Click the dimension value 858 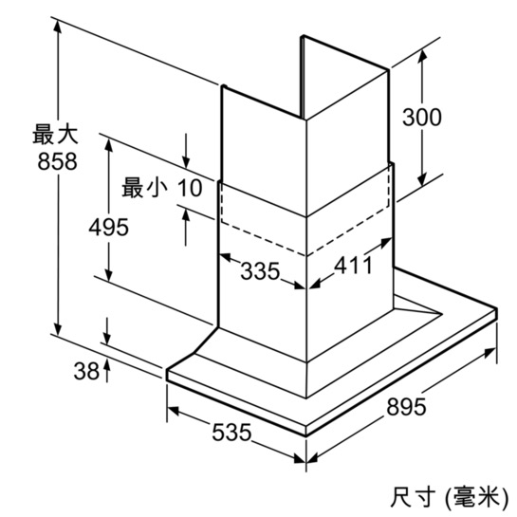click(x=57, y=161)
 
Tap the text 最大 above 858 click(x=55, y=134)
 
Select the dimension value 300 click(x=422, y=117)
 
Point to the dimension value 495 click(x=108, y=227)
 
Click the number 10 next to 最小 click(x=190, y=188)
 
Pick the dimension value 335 click(x=260, y=271)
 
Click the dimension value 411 click(x=354, y=265)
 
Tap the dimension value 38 click(x=86, y=371)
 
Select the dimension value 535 click(x=231, y=433)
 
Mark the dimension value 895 click(x=406, y=407)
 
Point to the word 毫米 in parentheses click(x=476, y=497)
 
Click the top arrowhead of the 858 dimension click(x=58, y=26)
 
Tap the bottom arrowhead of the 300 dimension click(x=422, y=179)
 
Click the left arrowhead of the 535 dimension click(x=173, y=411)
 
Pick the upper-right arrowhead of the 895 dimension click(x=489, y=353)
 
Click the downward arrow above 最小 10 click(x=186, y=151)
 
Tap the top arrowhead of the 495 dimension click(x=108, y=145)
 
